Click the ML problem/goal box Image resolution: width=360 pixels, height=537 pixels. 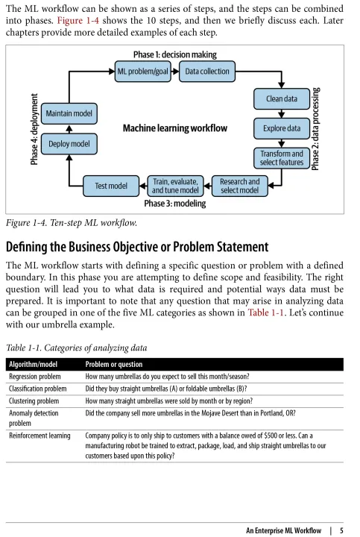point(142,72)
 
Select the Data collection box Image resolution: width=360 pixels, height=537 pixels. point(207,72)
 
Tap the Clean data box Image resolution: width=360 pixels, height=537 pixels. point(282,98)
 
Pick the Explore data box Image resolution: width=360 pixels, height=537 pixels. point(282,128)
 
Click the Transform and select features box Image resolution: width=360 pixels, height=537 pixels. point(282,158)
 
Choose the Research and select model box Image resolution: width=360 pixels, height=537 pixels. point(239,186)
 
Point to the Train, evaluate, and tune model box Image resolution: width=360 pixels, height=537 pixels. point(175,186)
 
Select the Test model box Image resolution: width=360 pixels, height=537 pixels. point(111,186)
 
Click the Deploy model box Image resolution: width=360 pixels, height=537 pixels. point(69,144)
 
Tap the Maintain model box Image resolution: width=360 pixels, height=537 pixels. point(69,113)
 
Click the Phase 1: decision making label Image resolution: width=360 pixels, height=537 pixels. point(175,54)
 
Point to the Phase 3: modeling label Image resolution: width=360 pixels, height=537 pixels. point(175,204)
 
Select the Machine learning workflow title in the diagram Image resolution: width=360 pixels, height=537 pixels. point(175,128)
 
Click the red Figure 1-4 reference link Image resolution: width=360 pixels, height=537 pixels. point(78,21)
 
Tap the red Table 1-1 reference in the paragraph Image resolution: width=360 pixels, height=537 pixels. point(266,313)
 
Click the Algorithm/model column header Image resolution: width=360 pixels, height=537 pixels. point(34,365)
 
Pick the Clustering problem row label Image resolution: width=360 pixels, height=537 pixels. point(34,401)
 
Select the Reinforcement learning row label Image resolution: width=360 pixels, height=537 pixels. point(40,436)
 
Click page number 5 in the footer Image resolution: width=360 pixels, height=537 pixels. point(341,530)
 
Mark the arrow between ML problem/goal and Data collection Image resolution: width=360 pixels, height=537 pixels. point(175,72)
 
